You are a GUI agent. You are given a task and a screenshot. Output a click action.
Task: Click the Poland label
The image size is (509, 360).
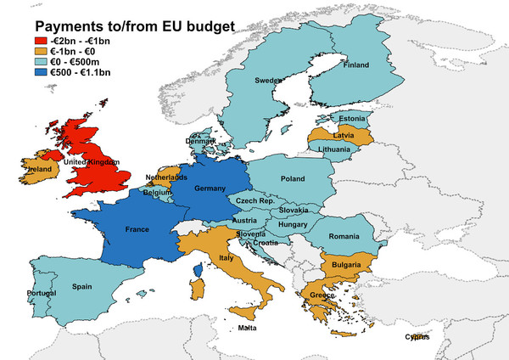click(x=294, y=179)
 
